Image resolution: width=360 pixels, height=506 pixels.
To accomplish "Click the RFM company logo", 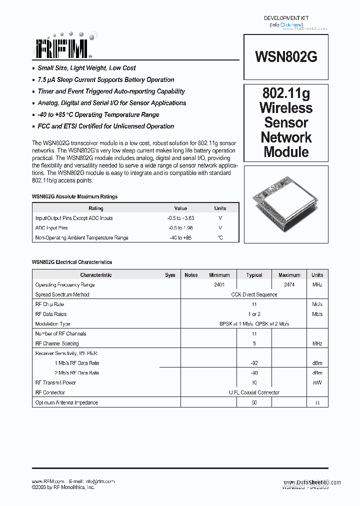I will pos(62,48).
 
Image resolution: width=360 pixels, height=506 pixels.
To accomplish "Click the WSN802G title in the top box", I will pos(286,56).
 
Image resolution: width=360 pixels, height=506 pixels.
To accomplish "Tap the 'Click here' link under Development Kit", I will pos(291,24).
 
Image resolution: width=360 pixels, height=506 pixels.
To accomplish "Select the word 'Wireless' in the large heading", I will pos(286,108).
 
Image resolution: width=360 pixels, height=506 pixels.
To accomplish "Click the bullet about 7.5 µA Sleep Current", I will pos(106,80).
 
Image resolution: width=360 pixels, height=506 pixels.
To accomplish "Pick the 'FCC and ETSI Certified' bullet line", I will pos(105,126).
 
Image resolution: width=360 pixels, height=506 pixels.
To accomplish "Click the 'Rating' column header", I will pos(96,208).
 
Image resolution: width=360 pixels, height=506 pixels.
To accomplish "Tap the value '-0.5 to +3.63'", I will pos(180,218).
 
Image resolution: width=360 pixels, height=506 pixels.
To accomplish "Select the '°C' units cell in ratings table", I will pos(220,237).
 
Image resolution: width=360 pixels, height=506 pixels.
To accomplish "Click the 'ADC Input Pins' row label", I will pos(51,228).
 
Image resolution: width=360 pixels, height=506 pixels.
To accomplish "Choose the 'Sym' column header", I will pos(170,275).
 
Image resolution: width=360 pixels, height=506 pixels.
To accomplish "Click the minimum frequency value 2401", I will pos(219,285).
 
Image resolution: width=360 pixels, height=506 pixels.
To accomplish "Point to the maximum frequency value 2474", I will pos(289,285).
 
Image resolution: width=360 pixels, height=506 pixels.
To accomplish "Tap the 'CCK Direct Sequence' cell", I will pos(254,295).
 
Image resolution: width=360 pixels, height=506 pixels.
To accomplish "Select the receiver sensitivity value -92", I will pos(254,363).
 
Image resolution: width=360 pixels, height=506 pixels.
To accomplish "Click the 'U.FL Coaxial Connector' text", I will pos(254,393).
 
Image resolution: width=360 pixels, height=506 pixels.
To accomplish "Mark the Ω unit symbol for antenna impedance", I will pos(317,403).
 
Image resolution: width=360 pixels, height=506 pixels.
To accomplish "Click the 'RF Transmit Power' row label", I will pos(55,383).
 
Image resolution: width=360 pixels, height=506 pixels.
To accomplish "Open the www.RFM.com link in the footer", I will pos(48,481).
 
